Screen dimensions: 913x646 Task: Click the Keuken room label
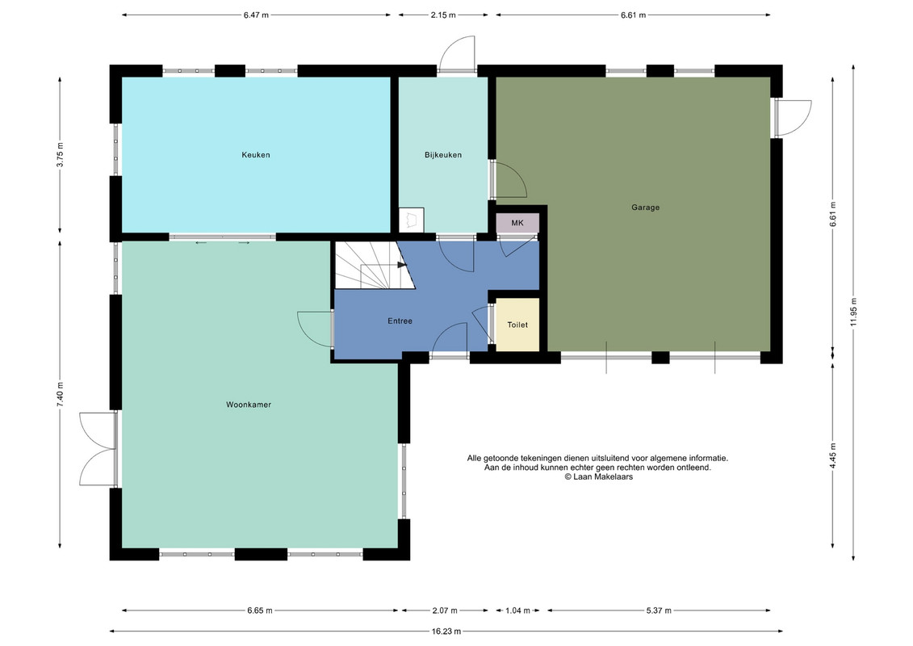pyautogui.click(x=256, y=155)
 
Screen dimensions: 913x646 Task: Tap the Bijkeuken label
pyautogui.click(x=443, y=155)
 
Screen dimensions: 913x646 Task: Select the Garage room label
pyautogui.click(x=645, y=208)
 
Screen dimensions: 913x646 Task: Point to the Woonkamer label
pyautogui.click(x=249, y=405)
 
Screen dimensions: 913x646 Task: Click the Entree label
pyautogui.click(x=400, y=321)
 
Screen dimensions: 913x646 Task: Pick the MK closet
pyautogui.click(x=517, y=223)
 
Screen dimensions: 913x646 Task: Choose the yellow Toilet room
pyautogui.click(x=517, y=325)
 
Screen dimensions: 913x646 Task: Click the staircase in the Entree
pyautogui.click(x=375, y=265)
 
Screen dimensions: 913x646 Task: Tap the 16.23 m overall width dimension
pyautogui.click(x=446, y=631)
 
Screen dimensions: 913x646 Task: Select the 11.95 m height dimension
pyautogui.click(x=853, y=313)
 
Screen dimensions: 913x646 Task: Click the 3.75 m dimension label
pyautogui.click(x=60, y=155)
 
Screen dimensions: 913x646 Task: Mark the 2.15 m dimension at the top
pyautogui.click(x=443, y=15)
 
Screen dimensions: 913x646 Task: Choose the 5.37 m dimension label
pyautogui.click(x=659, y=610)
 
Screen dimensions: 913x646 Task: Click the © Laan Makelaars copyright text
pyautogui.click(x=598, y=476)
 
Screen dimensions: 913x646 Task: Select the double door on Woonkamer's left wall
pyautogui.click(x=98, y=448)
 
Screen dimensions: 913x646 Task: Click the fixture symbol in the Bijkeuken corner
pyautogui.click(x=412, y=220)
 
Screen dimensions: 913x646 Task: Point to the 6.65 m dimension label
pyautogui.click(x=260, y=610)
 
